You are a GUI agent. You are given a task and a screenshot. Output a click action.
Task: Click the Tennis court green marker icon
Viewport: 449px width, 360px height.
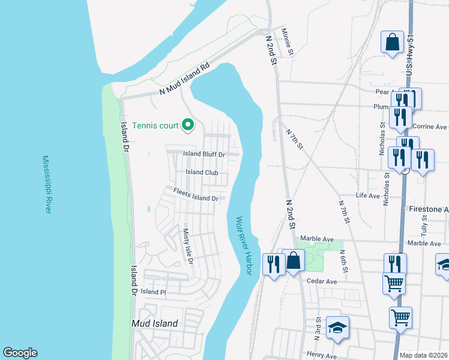(188, 125)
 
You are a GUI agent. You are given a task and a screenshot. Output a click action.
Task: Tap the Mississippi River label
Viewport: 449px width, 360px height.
(46, 184)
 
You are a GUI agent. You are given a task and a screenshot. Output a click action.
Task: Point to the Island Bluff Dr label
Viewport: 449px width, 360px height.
(203, 154)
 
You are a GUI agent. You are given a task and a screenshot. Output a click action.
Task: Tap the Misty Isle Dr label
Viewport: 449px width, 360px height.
(187, 247)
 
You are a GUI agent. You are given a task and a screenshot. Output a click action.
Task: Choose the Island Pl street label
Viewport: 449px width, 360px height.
(154, 292)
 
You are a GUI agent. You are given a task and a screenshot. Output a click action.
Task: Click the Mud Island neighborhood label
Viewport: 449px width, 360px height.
(155, 323)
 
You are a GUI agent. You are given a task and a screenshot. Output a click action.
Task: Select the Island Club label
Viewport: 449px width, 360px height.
(202, 172)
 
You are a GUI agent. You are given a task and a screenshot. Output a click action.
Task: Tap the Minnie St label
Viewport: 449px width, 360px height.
(287, 42)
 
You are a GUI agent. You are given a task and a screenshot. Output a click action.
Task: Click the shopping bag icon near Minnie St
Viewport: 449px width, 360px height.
(392, 43)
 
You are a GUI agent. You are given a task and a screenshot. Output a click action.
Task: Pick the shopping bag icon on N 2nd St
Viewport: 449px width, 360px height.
(294, 262)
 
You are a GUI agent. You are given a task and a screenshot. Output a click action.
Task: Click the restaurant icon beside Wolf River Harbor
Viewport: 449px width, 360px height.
(274, 265)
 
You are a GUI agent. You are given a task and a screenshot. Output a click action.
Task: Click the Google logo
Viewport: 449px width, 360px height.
(20, 353)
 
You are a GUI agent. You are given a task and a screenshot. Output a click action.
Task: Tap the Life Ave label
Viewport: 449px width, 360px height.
(368, 196)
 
